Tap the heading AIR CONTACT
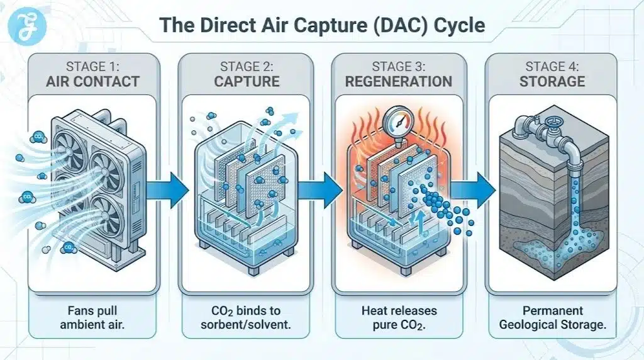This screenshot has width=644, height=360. pos(92,81)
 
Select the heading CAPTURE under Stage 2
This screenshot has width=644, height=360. pos(245,81)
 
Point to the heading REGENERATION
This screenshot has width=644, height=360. pos(399,81)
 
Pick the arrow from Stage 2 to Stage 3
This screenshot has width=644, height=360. pos(319,186)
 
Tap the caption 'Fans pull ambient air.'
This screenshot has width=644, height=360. pos(92,317)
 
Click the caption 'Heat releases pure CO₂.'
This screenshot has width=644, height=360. pos(399,317)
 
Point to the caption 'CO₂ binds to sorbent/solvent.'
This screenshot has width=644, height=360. pos(245,317)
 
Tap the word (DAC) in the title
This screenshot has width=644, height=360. pos(391,26)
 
